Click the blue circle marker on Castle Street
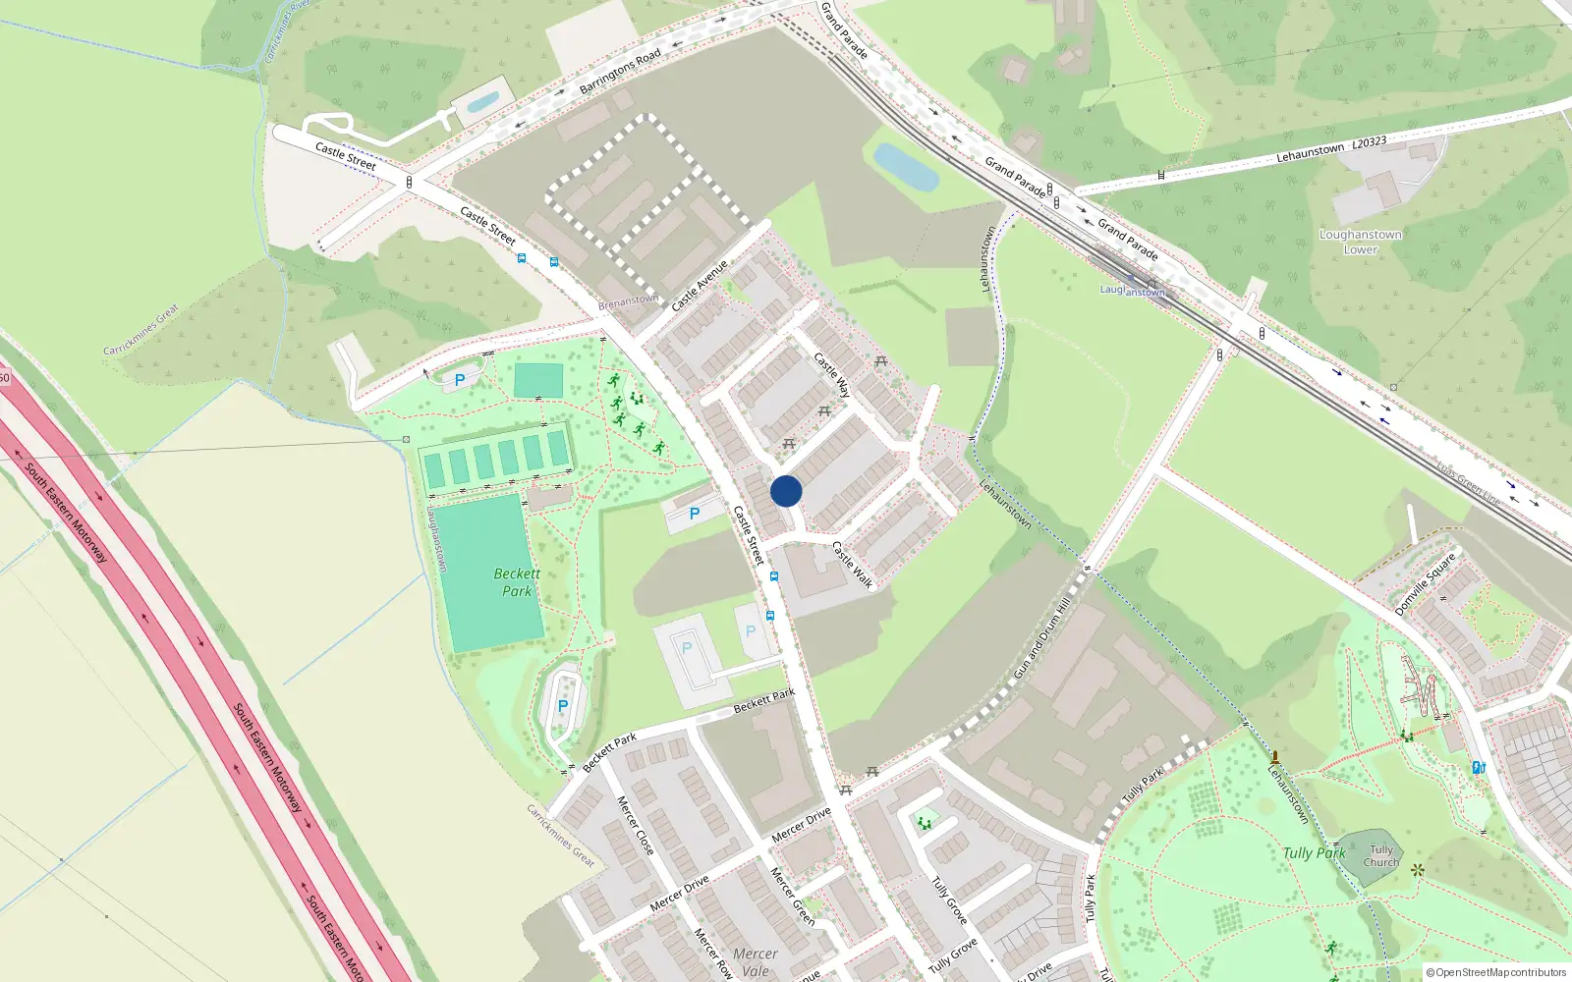click(x=786, y=491)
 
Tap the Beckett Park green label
click(x=517, y=582)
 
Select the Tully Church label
click(x=1381, y=856)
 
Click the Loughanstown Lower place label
click(x=1361, y=242)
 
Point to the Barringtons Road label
click(x=620, y=72)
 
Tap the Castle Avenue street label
click(x=700, y=286)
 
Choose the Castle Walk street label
click(x=852, y=565)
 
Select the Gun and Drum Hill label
click(x=1041, y=641)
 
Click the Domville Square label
click(x=1425, y=585)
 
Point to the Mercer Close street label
click(x=635, y=825)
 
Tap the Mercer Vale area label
click(x=756, y=961)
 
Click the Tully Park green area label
click(x=1314, y=853)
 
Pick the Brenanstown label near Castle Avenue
click(x=629, y=301)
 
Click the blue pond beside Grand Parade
click(x=906, y=167)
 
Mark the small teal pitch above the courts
click(x=538, y=381)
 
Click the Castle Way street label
click(x=832, y=374)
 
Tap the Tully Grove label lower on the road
click(x=954, y=953)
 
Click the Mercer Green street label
click(x=792, y=896)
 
